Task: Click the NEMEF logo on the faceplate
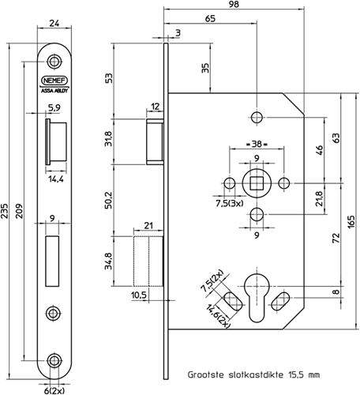point(54,81)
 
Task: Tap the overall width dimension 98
point(234,5)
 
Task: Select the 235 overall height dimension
point(4,211)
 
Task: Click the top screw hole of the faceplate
point(54,62)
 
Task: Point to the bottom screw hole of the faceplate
point(54,360)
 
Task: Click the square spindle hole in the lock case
point(257,183)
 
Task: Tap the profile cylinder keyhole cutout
point(257,298)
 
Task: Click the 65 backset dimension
point(210,19)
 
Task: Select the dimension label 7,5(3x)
point(229,203)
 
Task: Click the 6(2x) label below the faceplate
point(54,390)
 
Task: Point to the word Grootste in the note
point(206,374)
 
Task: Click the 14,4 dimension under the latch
point(56,179)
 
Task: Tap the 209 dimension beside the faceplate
point(20,211)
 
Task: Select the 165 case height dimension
point(351,222)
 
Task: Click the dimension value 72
point(336,238)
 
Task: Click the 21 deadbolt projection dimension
point(148,226)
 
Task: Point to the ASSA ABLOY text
point(54,91)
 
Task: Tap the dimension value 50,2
point(108,201)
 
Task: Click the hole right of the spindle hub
point(284,183)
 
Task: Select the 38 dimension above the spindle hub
point(257,144)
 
